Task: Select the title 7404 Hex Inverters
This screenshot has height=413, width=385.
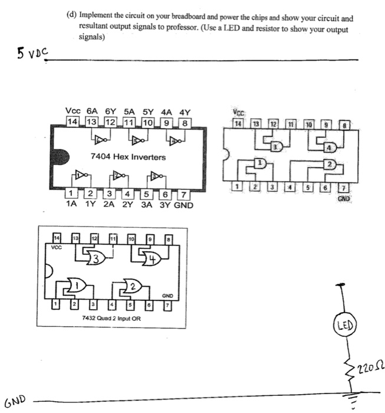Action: click(128, 158)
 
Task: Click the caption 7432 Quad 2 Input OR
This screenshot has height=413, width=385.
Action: click(112, 318)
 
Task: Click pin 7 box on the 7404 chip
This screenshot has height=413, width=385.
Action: click(184, 194)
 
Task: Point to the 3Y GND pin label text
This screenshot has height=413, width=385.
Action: click(174, 205)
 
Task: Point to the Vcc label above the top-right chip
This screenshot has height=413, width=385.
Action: click(238, 113)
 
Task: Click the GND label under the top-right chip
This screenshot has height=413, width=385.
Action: click(344, 199)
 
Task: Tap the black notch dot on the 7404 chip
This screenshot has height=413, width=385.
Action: click(60, 158)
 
